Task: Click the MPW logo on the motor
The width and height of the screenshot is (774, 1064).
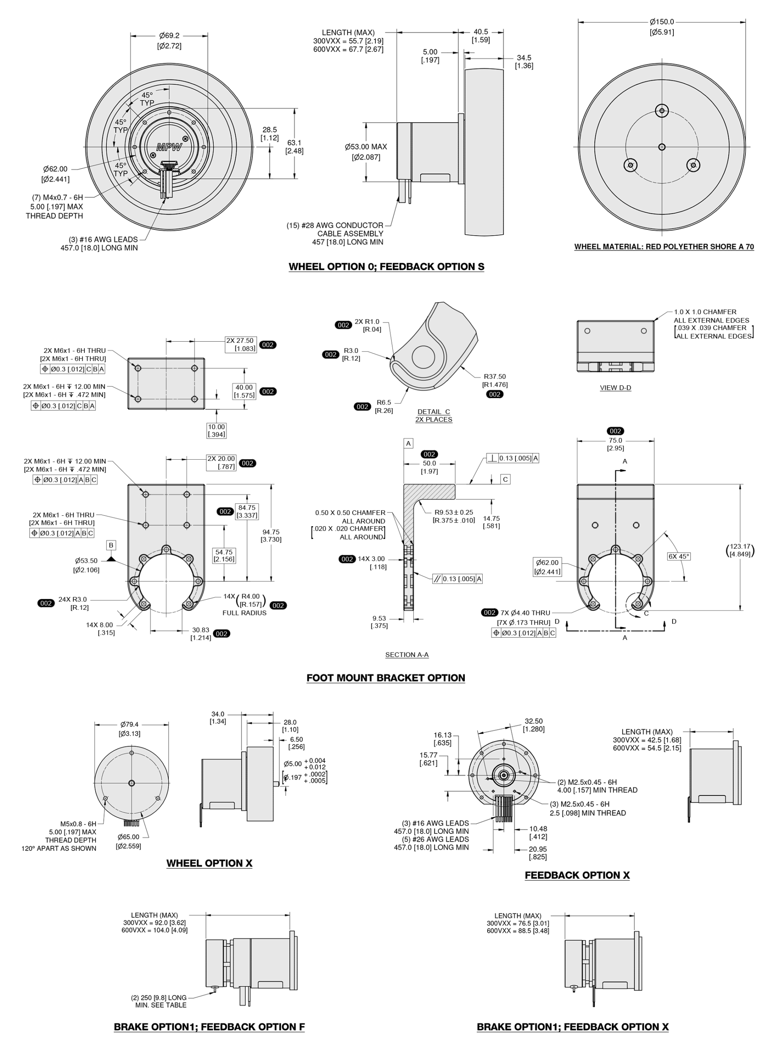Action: pyautogui.click(x=169, y=147)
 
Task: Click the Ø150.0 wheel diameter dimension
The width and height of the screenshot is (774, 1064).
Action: pyautogui.click(x=661, y=22)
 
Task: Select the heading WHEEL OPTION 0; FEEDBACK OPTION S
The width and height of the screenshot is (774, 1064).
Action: pyautogui.click(x=386, y=267)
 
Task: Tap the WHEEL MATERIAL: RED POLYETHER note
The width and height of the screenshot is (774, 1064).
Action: pyautogui.click(x=664, y=247)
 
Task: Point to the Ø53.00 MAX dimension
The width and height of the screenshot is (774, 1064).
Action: pyautogui.click(x=366, y=147)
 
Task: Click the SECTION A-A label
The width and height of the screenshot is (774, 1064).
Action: pyautogui.click(x=407, y=655)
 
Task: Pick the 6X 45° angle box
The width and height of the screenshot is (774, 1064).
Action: pyautogui.click(x=679, y=557)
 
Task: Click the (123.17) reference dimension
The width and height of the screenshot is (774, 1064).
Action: pyautogui.click(x=740, y=550)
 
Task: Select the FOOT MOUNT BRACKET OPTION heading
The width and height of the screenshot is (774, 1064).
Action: pyautogui.click(x=386, y=678)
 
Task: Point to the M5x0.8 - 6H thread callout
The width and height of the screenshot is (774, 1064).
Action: pyautogui.click(x=78, y=824)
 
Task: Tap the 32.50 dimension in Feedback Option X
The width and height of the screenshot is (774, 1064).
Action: pyautogui.click(x=533, y=721)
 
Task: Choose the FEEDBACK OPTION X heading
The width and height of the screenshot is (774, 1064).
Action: pyautogui.click(x=577, y=875)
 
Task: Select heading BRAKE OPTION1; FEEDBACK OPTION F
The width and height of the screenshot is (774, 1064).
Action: pyautogui.click(x=209, y=1027)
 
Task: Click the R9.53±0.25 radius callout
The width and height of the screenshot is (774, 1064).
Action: pyautogui.click(x=453, y=512)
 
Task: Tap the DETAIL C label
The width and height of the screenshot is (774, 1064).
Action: pyautogui.click(x=434, y=412)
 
